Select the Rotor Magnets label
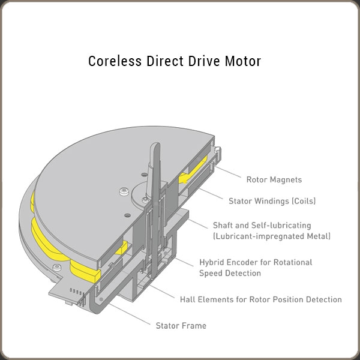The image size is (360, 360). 274,179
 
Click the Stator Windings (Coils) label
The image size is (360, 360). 272,201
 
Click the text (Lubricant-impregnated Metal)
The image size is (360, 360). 272,236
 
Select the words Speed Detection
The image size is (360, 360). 230,273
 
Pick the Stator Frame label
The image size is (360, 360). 181,326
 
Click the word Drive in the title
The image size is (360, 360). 199,62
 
